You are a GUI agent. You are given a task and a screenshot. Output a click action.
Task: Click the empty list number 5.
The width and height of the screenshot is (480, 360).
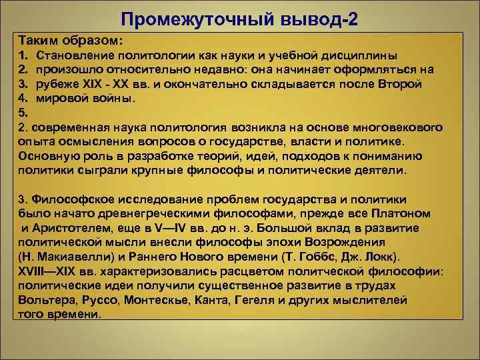coord(23,113)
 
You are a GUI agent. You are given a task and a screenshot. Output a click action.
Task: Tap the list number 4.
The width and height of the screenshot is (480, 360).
coord(23,98)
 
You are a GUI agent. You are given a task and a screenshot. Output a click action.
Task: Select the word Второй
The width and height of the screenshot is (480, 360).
coord(399,83)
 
